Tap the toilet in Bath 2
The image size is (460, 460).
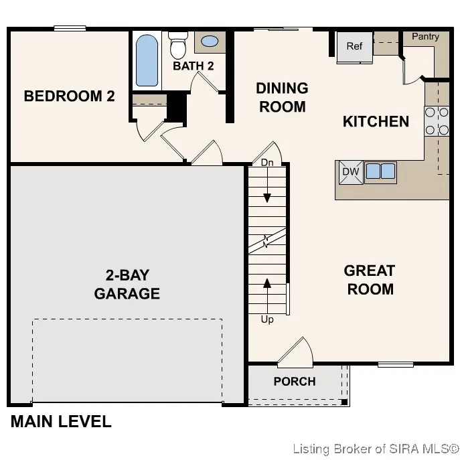(x=177, y=46)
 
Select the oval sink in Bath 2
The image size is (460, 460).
(x=210, y=42)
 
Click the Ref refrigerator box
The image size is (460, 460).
(x=354, y=47)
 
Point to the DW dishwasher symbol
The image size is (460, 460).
(x=351, y=172)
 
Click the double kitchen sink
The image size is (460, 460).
(x=380, y=172)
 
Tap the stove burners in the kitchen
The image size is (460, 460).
(x=437, y=121)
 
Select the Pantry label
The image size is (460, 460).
(x=425, y=37)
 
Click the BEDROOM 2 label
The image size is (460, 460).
(x=69, y=96)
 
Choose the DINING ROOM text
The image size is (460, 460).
(x=282, y=97)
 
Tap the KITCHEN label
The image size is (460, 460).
(x=376, y=121)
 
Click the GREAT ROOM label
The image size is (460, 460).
(x=369, y=280)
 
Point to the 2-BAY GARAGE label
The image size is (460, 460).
(x=127, y=284)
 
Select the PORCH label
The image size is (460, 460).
(x=295, y=382)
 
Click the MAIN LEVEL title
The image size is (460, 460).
(x=61, y=422)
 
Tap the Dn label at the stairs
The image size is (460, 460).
(x=267, y=163)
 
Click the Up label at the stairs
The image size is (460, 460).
(x=267, y=319)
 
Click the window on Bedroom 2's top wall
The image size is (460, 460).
(x=70, y=28)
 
